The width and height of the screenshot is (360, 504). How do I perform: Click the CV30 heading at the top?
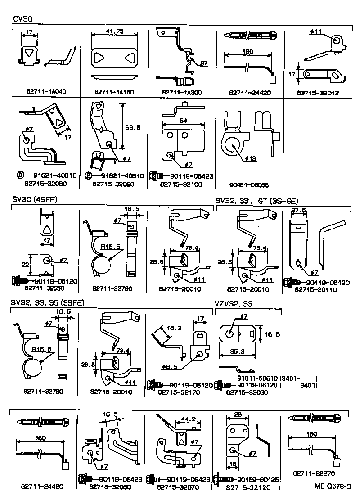pyautogui.click(x=22, y=19)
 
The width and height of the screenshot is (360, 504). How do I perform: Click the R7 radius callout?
pyautogui.click(x=203, y=63)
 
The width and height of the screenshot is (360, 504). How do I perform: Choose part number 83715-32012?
pyautogui.click(x=318, y=93)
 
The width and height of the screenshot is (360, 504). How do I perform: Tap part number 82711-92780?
pyautogui.click(x=113, y=288)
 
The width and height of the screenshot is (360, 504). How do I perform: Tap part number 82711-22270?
pyautogui.click(x=314, y=473)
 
